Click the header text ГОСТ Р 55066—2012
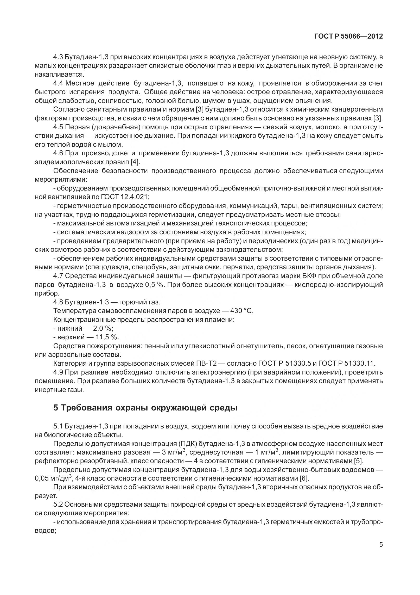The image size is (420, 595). pyautogui.click(x=349, y=36)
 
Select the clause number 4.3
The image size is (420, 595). pyautogui.click(x=58, y=57)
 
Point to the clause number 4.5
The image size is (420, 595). pyautogui.click(x=58, y=127)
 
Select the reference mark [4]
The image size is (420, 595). pyautogui.click(x=135, y=162)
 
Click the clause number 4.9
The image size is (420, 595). pyautogui.click(x=58, y=372)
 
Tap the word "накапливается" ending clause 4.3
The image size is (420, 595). pyautogui.click(x=59, y=75)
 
